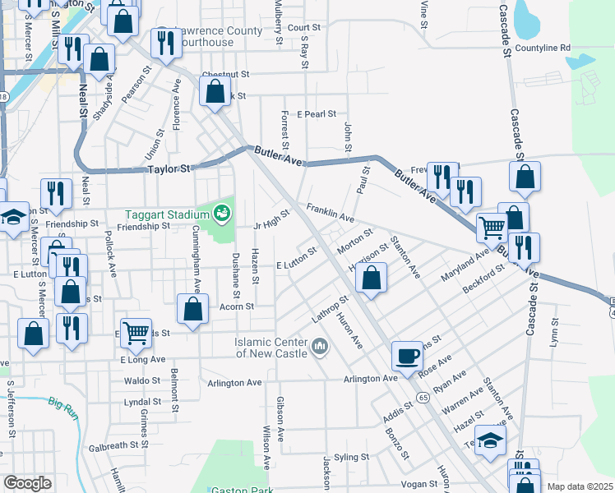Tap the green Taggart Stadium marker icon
[220, 214]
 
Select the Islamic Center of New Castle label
[271, 348]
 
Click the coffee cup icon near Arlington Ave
[407, 357]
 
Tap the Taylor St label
[169, 169]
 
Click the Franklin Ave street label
[331, 214]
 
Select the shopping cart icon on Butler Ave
[492, 227]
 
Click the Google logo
[27, 483]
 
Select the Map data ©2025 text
[579, 486]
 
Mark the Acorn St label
[237, 306]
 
